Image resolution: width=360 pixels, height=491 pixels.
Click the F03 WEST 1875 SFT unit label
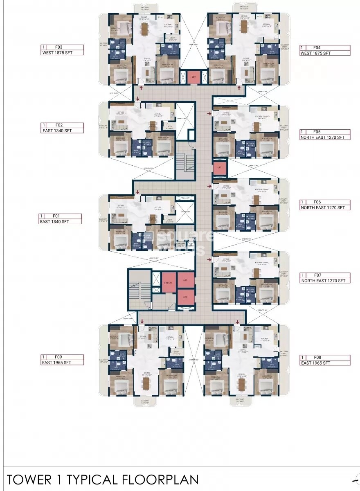tap(62, 50)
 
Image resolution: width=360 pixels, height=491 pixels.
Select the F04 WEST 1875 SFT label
tap(325, 50)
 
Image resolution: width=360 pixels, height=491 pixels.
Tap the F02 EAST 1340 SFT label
tap(62, 128)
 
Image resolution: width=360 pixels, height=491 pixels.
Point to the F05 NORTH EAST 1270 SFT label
tap(325, 135)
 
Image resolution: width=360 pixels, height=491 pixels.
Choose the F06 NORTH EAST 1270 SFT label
tap(325, 205)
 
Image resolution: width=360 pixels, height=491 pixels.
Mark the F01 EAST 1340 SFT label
tap(61, 218)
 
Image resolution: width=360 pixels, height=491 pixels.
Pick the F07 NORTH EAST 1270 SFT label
tap(325, 278)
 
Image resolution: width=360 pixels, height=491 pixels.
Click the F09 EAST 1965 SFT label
tap(62, 360)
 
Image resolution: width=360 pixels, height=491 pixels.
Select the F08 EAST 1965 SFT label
tap(325, 360)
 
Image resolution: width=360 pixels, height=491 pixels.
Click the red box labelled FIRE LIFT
tap(168, 282)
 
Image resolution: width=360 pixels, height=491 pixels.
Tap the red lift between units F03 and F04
tap(193, 77)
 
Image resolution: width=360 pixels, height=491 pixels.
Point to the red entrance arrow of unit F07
tap(209, 259)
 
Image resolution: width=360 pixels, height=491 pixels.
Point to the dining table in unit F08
tap(242, 384)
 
